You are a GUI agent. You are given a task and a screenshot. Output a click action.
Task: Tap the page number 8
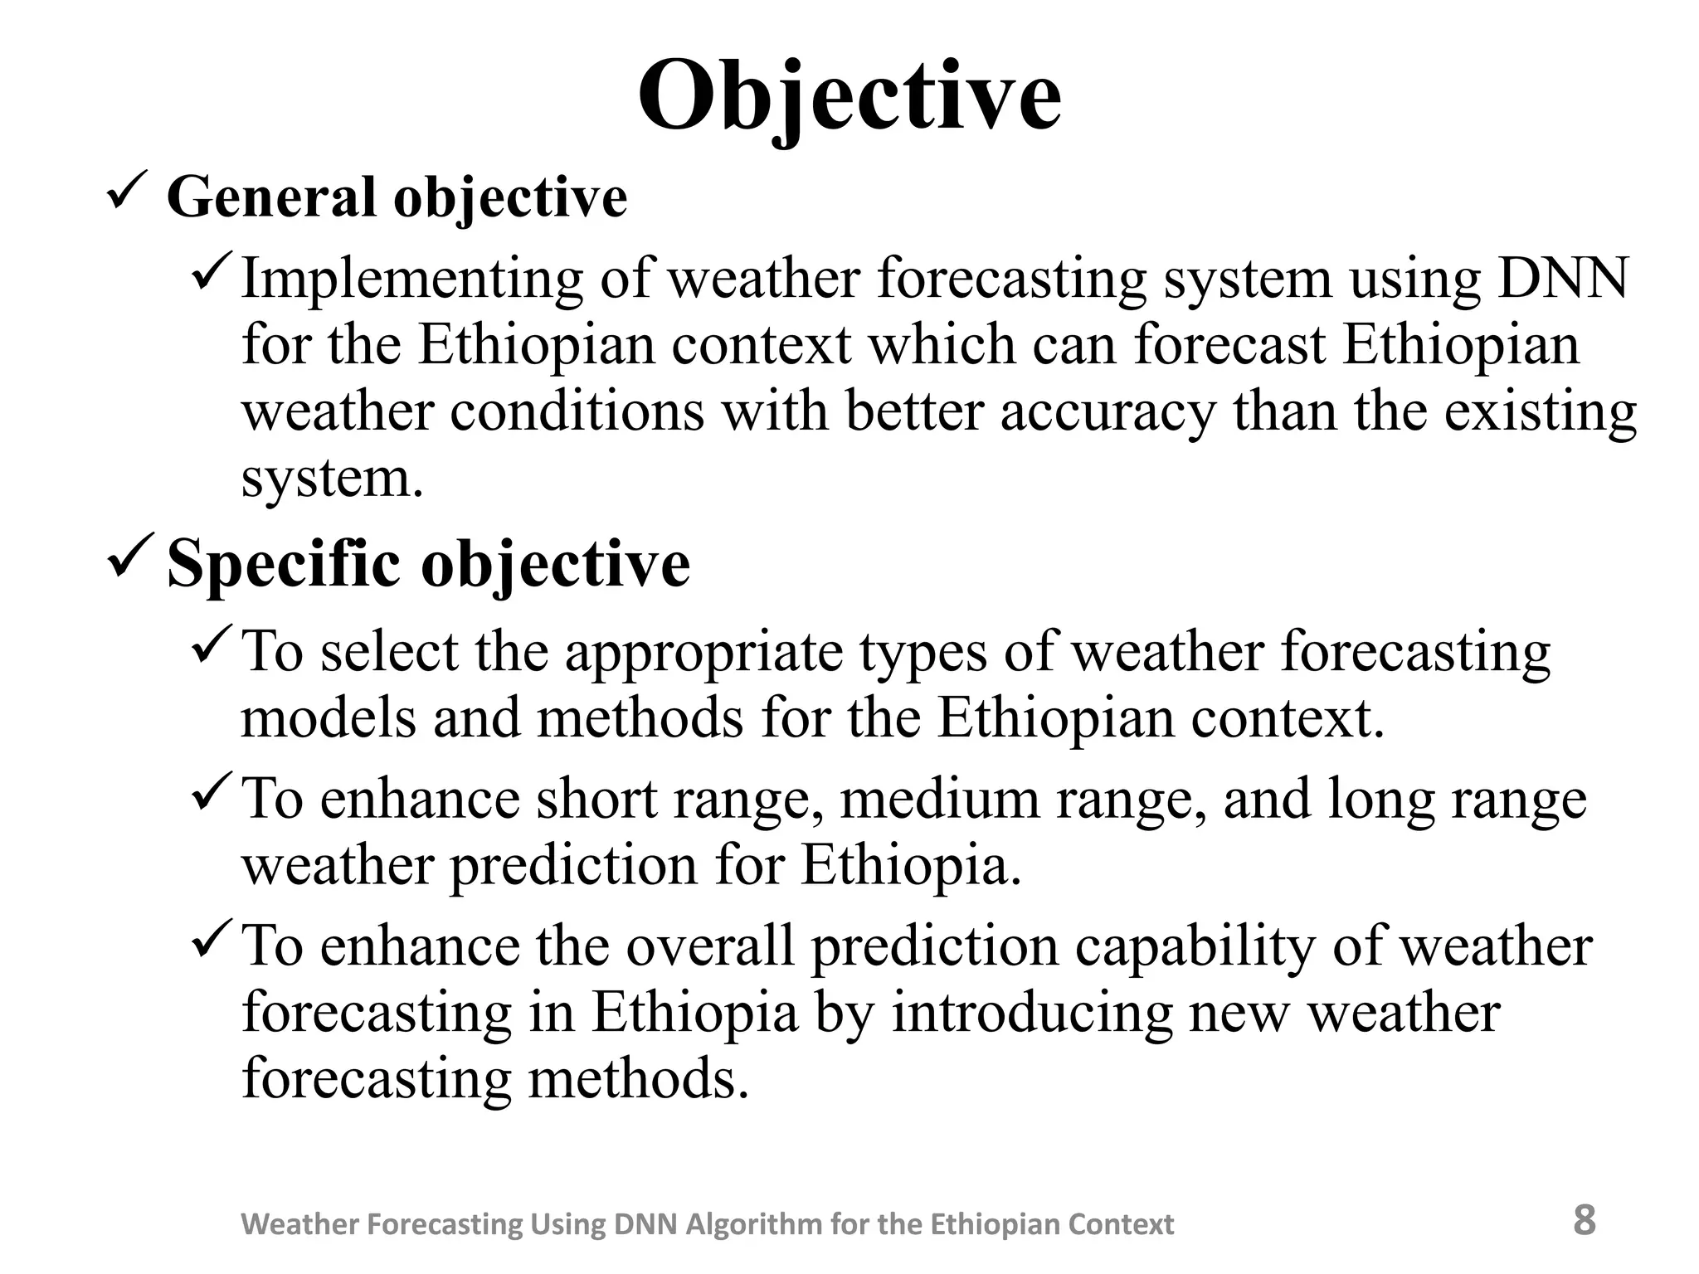tap(1584, 1220)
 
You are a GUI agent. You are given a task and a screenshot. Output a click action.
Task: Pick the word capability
tap(1194, 946)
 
